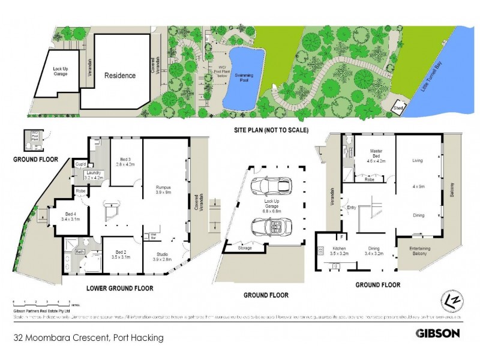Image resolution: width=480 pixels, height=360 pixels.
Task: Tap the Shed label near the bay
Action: pyautogui.click(x=398, y=109)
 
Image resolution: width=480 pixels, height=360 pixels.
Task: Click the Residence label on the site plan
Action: pyautogui.click(x=120, y=76)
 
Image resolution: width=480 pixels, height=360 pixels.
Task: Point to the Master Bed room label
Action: pyautogui.click(x=374, y=157)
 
